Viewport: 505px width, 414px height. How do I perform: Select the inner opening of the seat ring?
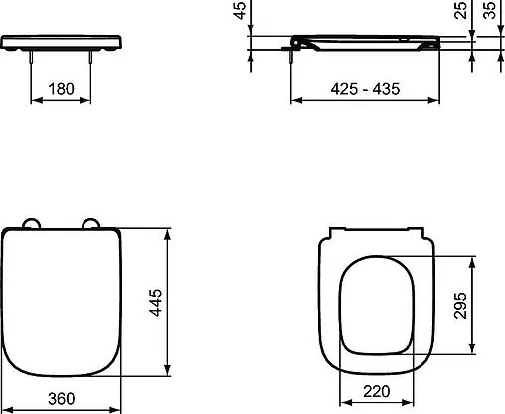point(376,308)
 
